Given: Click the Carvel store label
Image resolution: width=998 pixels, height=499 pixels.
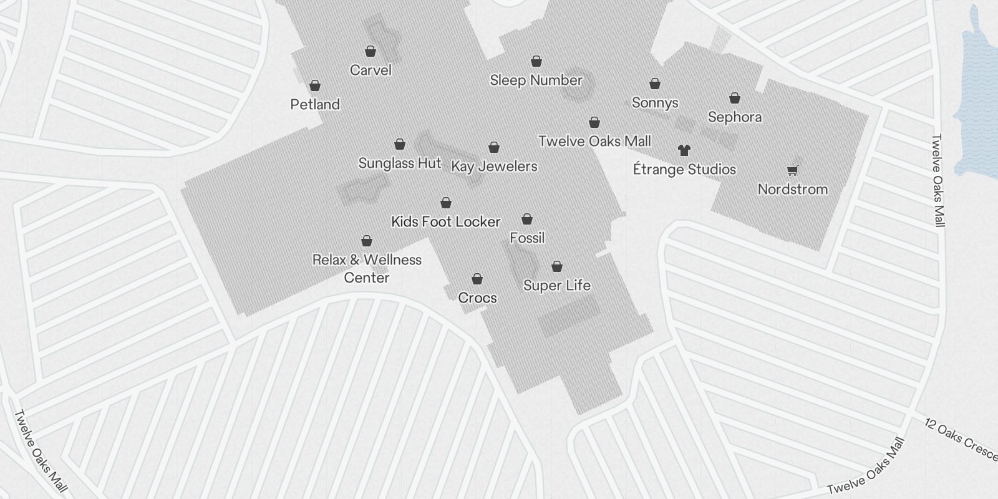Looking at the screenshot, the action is coord(371,70).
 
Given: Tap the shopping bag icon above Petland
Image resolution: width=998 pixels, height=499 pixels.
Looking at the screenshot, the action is coord(315,85).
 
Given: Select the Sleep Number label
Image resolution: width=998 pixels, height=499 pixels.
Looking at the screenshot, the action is coord(536,80).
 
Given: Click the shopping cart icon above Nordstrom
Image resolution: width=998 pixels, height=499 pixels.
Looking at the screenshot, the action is coord(792,170).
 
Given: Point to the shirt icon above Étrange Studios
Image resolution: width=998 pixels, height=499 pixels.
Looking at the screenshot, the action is coord(684,150).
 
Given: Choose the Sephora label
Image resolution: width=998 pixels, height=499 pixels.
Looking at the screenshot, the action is coord(735,117).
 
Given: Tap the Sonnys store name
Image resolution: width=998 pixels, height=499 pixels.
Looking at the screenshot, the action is coord(655,102).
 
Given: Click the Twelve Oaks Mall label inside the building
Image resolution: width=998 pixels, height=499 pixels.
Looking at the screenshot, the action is coord(594,141).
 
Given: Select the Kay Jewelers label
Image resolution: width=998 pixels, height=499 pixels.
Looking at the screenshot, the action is coord(494,166).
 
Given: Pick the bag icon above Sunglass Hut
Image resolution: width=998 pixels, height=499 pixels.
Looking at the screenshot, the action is coord(400,145).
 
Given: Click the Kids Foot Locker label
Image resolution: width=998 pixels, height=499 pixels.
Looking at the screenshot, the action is coord(445,221).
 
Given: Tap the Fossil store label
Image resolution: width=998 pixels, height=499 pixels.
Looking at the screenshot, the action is coord(527,238).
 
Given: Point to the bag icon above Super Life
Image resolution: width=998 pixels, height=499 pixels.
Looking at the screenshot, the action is coord(557,267).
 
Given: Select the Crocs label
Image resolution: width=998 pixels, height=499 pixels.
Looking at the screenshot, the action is coord(477,298).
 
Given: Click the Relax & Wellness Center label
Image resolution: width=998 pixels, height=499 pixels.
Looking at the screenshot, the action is coord(367,268).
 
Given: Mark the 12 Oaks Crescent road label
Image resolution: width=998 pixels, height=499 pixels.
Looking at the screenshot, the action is coord(961,440).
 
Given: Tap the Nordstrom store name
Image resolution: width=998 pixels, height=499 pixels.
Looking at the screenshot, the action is coord(792,189).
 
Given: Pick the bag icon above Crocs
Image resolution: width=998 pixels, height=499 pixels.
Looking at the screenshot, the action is coord(477,279).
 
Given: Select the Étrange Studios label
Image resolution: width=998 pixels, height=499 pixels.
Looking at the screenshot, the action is coord(684,169).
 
